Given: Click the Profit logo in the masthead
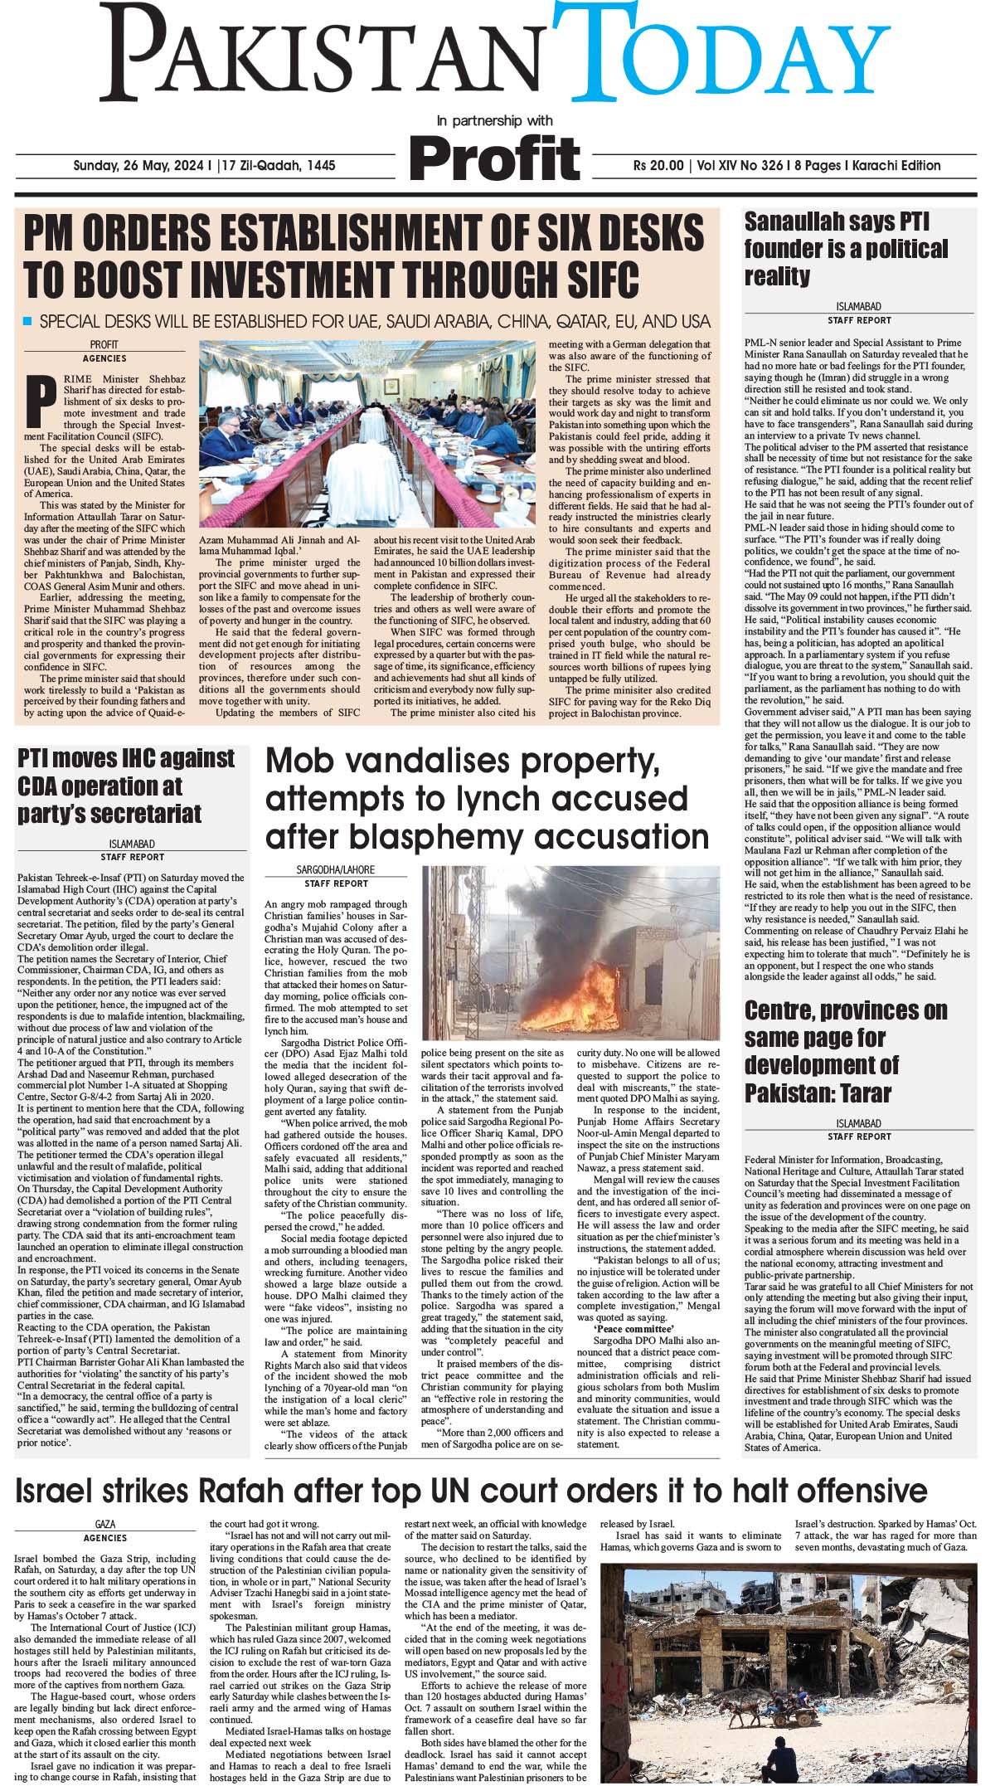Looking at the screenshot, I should coord(494,156).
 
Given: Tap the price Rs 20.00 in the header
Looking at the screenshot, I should coord(658,166).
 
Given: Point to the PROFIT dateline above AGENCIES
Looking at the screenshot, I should coord(104,345).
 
